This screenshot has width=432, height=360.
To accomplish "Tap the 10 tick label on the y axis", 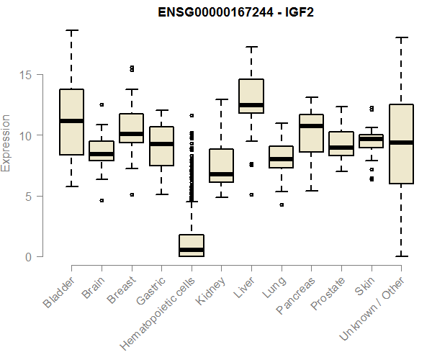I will tap(27, 135).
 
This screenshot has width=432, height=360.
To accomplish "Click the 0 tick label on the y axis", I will tap(27, 256).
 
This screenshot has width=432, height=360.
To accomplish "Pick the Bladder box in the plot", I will tap(71, 122).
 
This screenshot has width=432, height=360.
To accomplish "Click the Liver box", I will tap(251, 96).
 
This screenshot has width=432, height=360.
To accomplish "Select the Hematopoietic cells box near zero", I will tap(192, 246).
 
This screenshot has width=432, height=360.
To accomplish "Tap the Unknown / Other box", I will tap(401, 144).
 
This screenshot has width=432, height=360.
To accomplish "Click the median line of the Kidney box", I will tap(221, 174).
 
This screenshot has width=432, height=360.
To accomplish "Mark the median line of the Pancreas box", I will tap(311, 126).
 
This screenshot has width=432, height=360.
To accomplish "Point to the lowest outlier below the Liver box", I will tap(251, 194).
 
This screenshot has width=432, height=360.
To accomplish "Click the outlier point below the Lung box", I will tap(282, 204).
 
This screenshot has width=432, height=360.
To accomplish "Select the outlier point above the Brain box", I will tap(102, 104).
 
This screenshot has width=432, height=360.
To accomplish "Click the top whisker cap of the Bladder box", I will tap(71, 30).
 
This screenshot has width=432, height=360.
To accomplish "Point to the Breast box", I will tap(132, 128).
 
